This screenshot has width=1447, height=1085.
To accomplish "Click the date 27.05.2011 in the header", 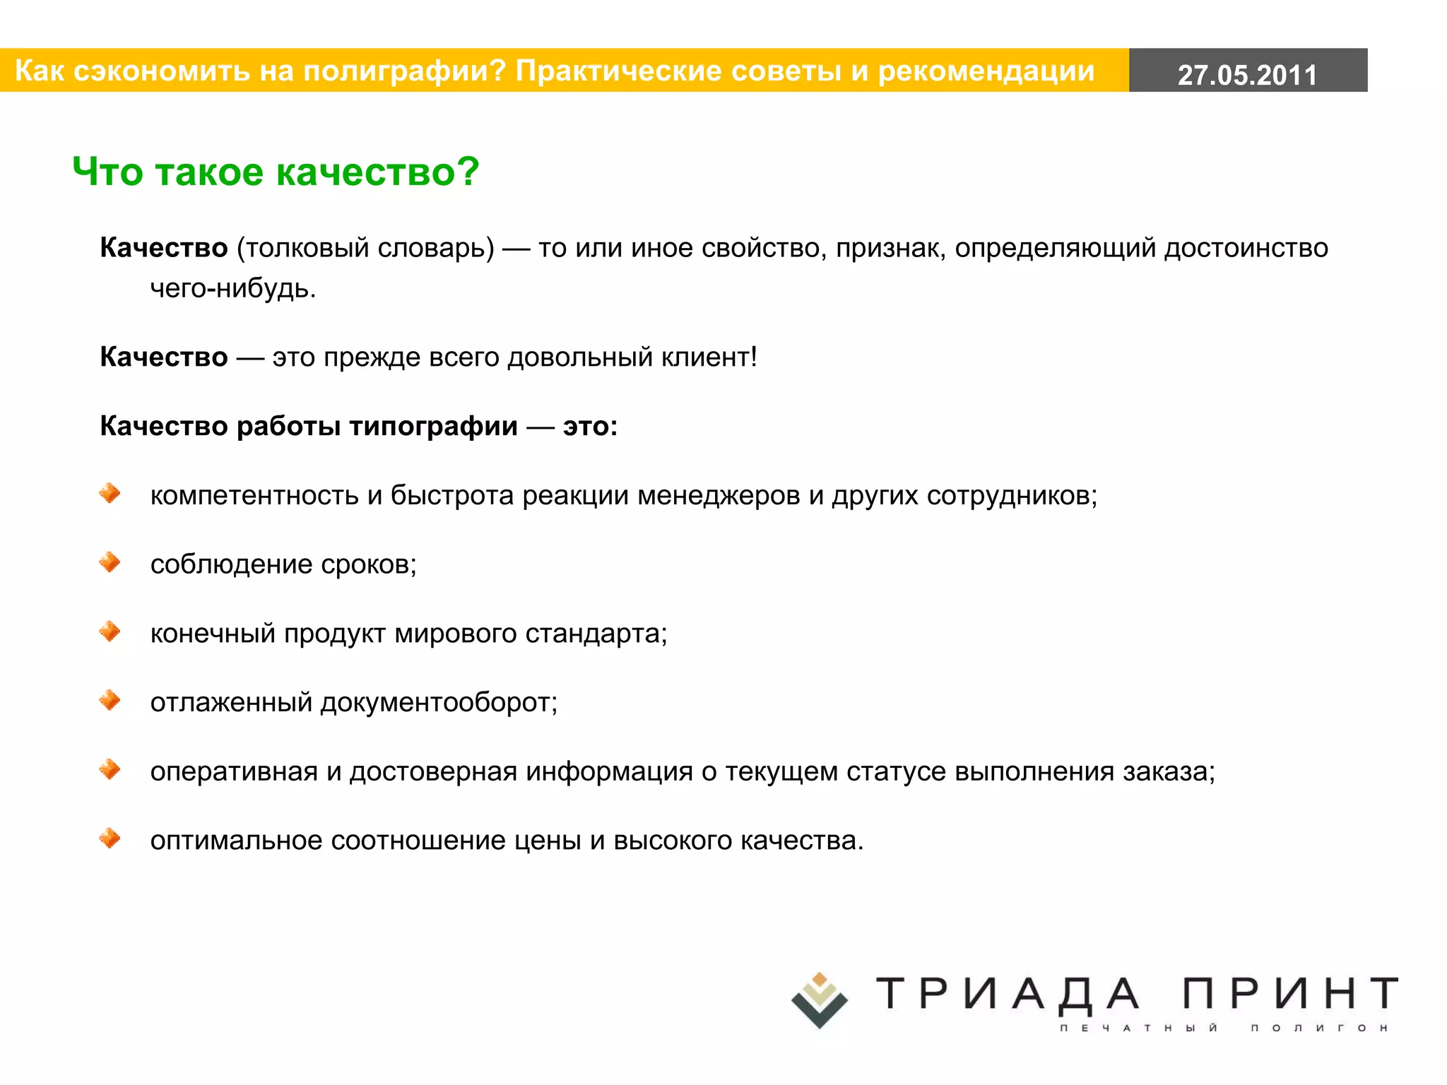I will pos(1247,74).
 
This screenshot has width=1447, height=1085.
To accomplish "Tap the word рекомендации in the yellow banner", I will pos(986,71).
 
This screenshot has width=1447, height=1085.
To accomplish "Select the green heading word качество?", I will pos(377,172).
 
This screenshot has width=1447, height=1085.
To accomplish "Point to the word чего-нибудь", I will pos(232,288).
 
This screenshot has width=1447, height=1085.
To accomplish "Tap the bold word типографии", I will pos(433,426).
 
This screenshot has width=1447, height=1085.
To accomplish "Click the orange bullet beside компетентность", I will pos(110,493).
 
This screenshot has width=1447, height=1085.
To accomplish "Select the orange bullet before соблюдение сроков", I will pos(110,562).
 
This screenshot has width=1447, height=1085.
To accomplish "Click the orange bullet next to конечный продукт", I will pos(110,631).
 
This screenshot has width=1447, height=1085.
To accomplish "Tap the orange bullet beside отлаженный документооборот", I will pos(110,700).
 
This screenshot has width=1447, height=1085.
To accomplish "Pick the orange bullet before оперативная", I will pos(110,769).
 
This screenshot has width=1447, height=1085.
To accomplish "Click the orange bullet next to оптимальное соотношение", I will pos(110,838).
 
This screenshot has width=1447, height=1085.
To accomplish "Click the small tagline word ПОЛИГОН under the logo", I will pos(1319,1028).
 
